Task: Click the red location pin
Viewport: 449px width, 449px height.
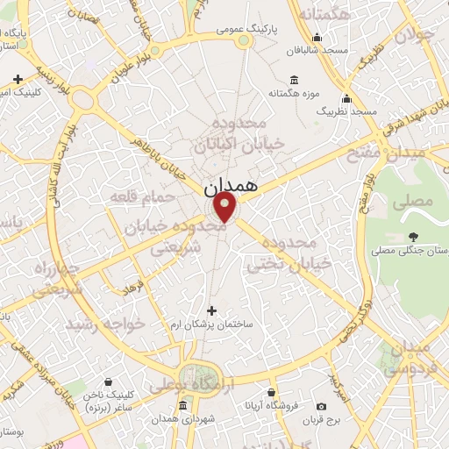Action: (x=225, y=207)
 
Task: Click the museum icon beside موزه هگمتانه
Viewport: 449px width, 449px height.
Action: (x=293, y=79)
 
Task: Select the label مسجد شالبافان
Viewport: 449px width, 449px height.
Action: (x=322, y=51)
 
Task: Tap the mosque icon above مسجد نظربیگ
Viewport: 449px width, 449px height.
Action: (x=347, y=98)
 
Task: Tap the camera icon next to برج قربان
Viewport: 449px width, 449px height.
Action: (x=322, y=406)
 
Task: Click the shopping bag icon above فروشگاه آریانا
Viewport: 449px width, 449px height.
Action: (x=272, y=392)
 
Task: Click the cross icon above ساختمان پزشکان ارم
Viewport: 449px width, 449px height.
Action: (x=211, y=310)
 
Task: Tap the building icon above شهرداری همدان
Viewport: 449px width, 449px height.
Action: (x=182, y=406)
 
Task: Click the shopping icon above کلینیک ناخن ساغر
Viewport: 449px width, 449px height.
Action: (x=107, y=382)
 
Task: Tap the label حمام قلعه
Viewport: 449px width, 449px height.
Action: (x=132, y=198)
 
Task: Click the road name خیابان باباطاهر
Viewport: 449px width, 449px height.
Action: (x=158, y=160)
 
